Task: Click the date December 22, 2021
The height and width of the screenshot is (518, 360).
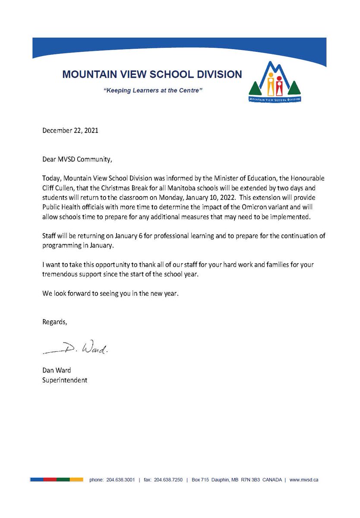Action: pos(70,130)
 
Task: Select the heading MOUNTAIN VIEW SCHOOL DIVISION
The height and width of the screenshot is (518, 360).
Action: pos(152,74)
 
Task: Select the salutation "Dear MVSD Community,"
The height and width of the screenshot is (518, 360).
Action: pos(77,159)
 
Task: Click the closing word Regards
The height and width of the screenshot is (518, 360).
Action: pos(54,322)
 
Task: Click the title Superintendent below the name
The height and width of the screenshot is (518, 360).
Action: pos(65,380)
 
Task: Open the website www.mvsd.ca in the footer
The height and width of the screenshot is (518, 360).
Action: pos(304,480)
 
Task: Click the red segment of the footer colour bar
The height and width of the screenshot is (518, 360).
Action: pos(50,480)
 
